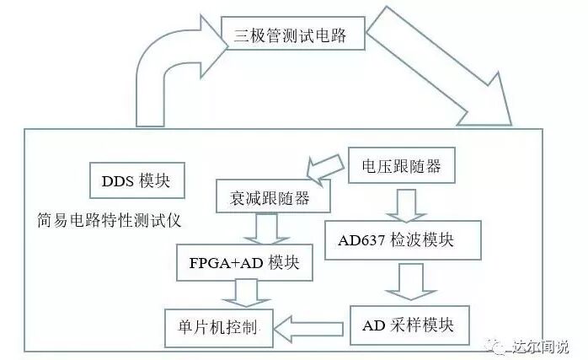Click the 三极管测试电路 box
[286, 35]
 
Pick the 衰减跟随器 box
[273, 197]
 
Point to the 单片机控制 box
[218, 324]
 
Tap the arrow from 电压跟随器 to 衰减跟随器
[326, 168]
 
